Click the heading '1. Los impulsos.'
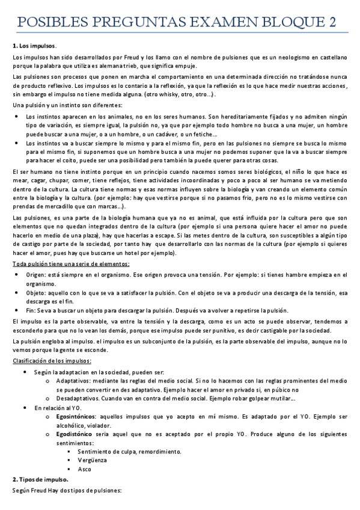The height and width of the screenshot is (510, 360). (x=34, y=46)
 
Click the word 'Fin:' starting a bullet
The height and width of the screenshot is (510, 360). (x=31, y=311)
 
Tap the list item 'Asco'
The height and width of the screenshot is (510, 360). (x=85, y=469)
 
